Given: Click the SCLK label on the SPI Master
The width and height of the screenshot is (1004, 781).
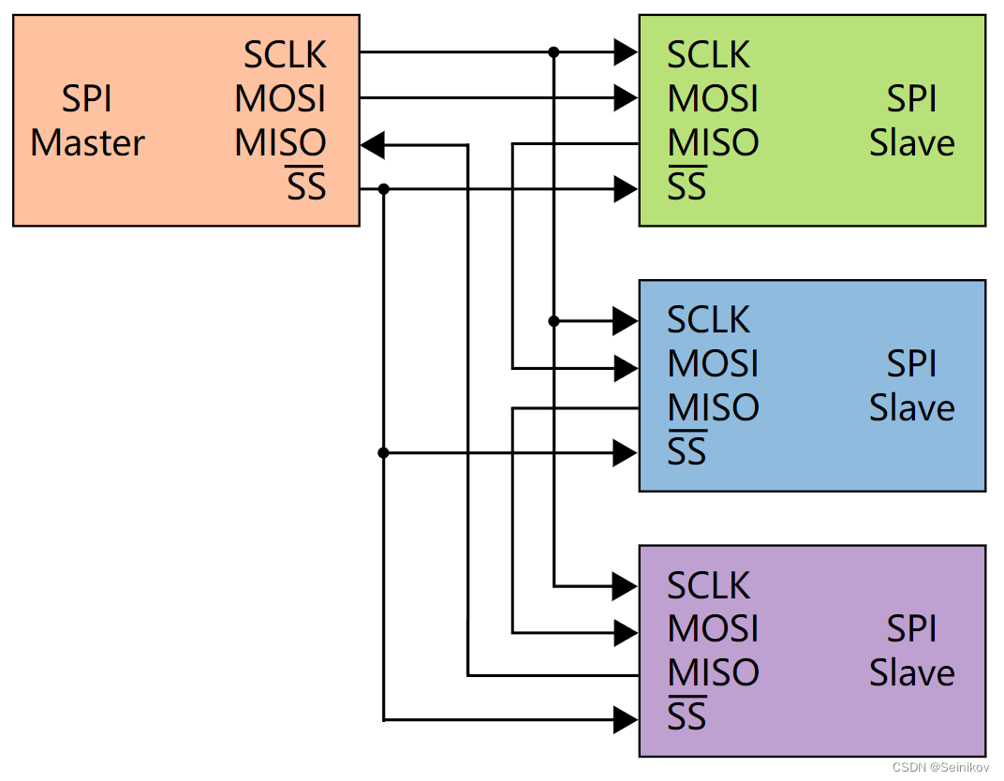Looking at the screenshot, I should tap(285, 55).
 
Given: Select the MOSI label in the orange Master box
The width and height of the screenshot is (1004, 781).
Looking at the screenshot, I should tap(280, 99).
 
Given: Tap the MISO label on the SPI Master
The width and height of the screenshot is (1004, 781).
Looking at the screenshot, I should tap(280, 143).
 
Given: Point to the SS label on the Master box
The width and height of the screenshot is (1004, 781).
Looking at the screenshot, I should tap(306, 187).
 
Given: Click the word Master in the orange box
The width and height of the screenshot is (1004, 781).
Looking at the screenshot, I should tap(88, 143).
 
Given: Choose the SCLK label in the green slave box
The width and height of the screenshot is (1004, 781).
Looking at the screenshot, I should tap(708, 55).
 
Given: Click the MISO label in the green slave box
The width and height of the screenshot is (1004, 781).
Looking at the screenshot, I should tap(713, 143).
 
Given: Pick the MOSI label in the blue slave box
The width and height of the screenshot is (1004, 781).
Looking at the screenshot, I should tap(713, 364).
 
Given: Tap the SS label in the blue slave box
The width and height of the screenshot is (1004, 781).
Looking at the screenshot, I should tap(687, 452).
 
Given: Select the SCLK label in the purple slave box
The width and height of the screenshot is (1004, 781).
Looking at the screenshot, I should tap(708, 585).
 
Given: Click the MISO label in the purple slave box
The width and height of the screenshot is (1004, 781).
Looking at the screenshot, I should tap(713, 673).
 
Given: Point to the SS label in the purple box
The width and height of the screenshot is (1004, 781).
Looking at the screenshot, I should tap(687, 717).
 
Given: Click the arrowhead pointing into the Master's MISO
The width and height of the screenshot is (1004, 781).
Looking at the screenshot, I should tap(373, 145).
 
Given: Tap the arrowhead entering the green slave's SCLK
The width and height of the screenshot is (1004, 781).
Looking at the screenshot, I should tap(626, 52).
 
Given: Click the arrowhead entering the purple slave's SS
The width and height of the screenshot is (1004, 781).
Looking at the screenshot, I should tap(626, 720).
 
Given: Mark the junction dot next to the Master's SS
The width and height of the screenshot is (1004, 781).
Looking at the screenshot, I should tap(383, 189).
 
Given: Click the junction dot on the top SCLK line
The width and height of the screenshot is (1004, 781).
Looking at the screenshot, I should tap(554, 52).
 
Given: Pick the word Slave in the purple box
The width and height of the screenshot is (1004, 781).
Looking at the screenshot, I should tap(911, 673).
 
